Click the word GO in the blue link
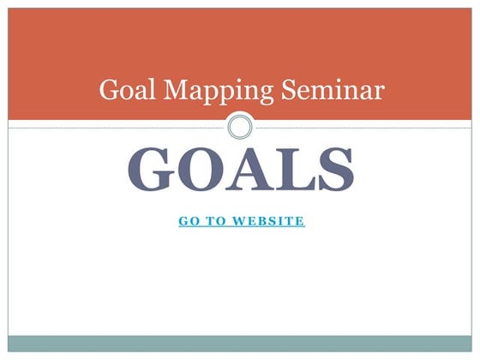189,221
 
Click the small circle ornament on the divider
241,128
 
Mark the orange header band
240,43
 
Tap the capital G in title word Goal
108,89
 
